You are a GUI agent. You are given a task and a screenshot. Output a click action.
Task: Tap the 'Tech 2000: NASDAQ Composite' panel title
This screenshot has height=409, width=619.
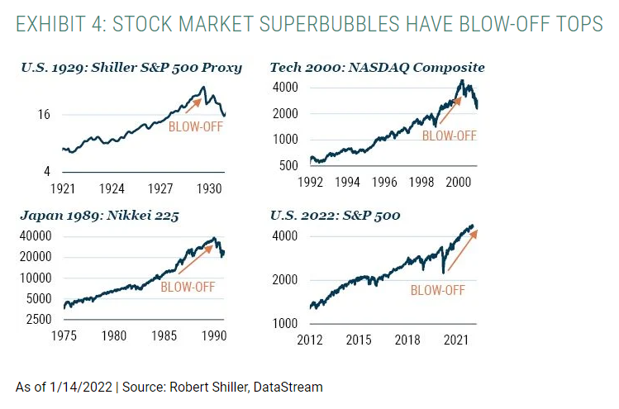[x=377, y=67]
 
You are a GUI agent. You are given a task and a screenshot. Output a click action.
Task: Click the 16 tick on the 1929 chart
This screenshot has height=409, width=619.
[x=45, y=115]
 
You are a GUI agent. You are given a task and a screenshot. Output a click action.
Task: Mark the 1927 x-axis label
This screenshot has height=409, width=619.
[x=162, y=188]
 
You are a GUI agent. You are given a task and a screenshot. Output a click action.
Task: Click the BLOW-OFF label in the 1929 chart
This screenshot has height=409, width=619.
[x=195, y=126]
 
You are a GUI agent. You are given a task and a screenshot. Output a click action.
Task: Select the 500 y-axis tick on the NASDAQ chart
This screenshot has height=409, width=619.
[x=287, y=166]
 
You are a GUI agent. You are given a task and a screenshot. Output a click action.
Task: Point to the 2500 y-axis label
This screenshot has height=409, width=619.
[x=39, y=319]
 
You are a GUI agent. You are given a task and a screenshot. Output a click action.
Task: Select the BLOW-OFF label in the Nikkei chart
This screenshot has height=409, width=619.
[x=187, y=288]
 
